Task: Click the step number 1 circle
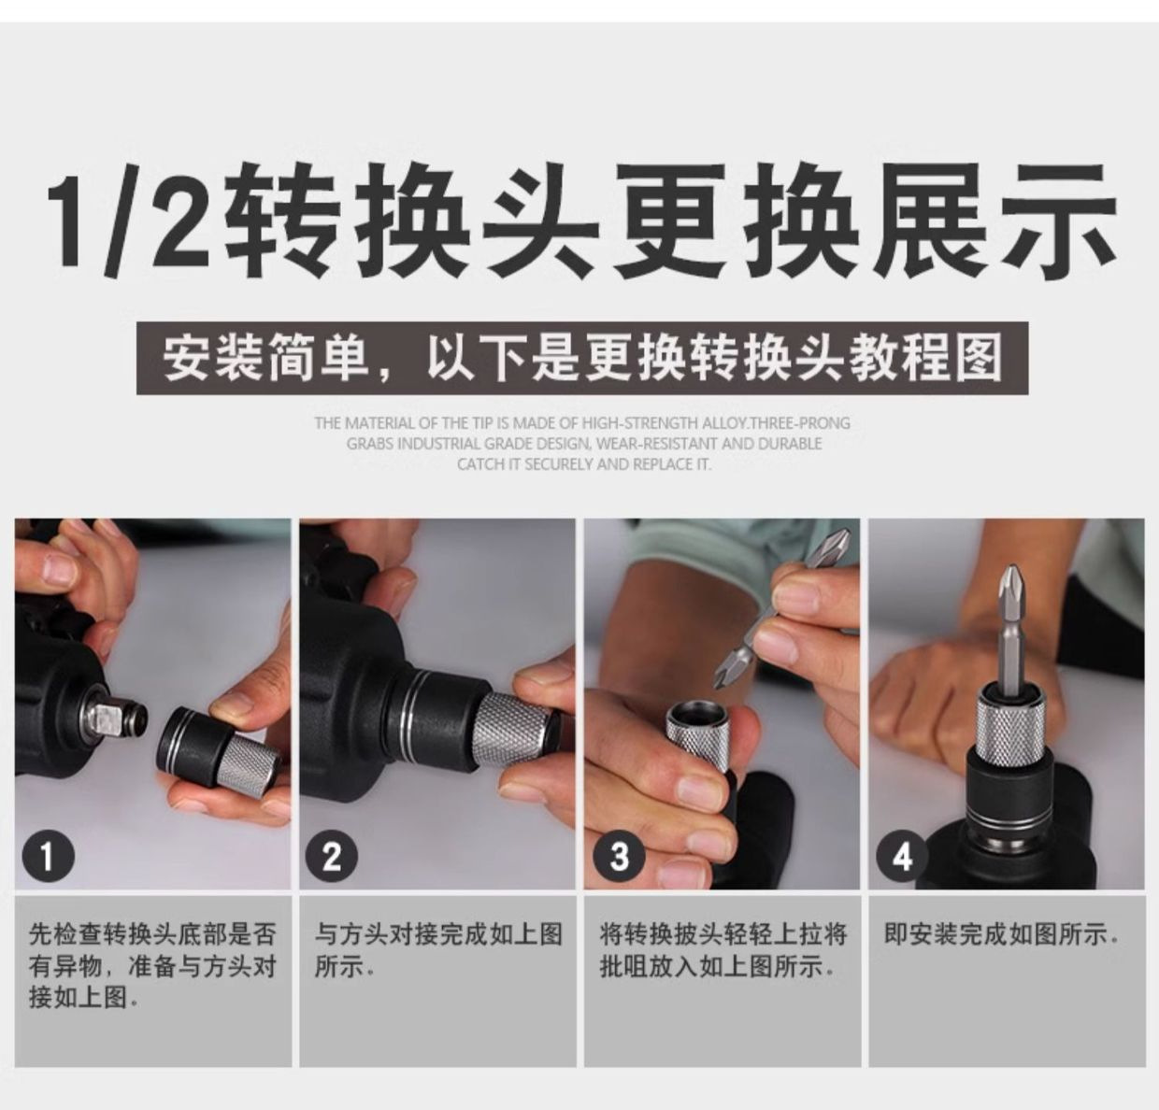coord(49,857)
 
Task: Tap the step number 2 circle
coord(332,857)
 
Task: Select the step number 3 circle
coord(620,857)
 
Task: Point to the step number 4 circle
coord(903,857)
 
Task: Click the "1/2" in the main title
coord(129,221)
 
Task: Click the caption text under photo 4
coord(1001,933)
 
